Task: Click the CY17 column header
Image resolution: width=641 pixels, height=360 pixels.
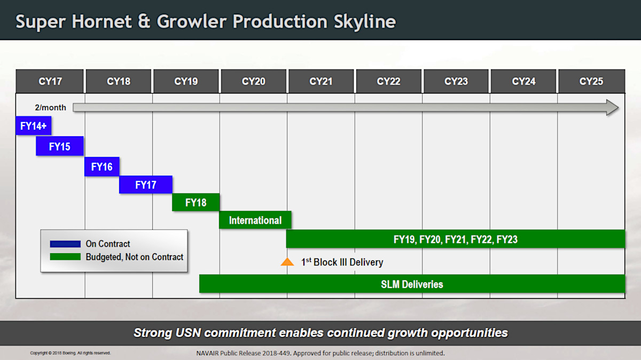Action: point(50,82)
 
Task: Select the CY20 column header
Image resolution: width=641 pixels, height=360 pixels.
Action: point(253,82)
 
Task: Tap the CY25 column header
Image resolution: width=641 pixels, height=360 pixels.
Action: point(591,82)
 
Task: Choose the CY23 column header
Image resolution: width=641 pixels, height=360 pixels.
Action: point(456,82)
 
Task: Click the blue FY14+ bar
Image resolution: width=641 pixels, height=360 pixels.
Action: point(33,126)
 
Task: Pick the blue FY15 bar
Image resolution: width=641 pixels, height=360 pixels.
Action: point(60,146)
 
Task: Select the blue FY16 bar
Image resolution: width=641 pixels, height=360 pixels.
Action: point(101,167)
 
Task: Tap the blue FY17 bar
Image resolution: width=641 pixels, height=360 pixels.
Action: point(145,185)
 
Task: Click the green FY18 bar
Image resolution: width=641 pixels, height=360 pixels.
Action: point(196,202)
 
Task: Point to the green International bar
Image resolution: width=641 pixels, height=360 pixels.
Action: point(255,220)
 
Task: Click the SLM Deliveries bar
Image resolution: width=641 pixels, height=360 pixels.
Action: point(412,284)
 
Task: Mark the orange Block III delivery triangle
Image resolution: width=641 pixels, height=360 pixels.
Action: point(287,262)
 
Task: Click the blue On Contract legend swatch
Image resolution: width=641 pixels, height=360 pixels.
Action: point(65,244)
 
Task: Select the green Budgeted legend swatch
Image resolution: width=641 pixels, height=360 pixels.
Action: point(65,257)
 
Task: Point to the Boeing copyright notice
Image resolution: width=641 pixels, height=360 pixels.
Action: point(71,353)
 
